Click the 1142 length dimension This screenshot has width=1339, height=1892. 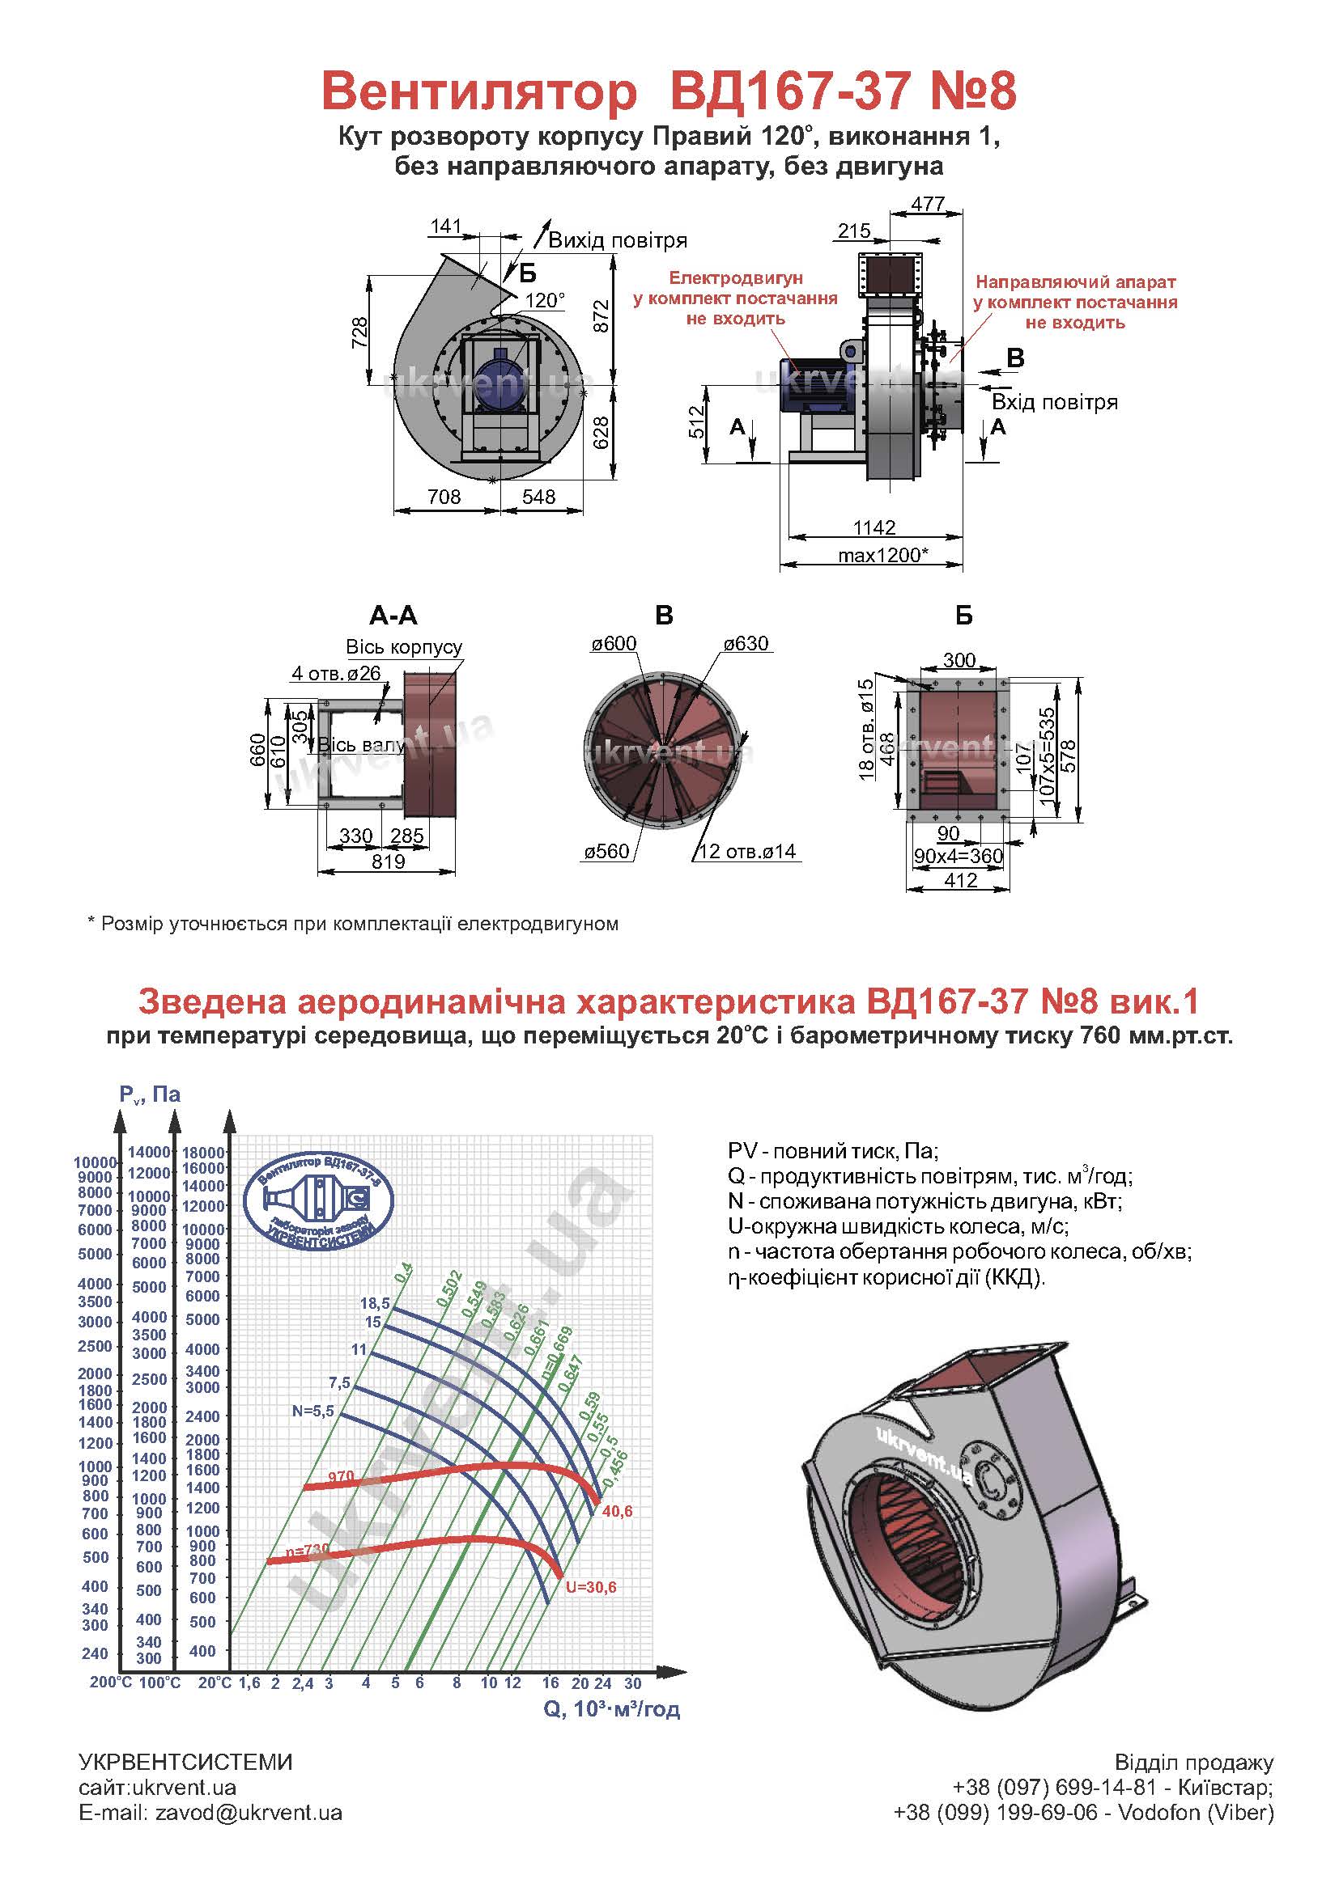(874, 527)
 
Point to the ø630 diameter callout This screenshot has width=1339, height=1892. (746, 644)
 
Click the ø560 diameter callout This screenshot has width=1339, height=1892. (607, 851)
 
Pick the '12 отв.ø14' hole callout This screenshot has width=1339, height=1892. (747, 851)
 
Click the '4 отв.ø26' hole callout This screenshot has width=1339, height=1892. (337, 673)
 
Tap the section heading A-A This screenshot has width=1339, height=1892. (393, 616)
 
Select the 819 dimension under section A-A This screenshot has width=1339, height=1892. (389, 861)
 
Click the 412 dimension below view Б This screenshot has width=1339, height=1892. (961, 880)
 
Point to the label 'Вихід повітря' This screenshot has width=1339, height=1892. (618, 240)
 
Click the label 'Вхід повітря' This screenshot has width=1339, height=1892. (1055, 402)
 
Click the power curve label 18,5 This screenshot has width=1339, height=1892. (375, 1304)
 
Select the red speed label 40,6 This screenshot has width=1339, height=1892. (618, 1511)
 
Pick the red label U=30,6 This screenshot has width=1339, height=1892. (591, 1587)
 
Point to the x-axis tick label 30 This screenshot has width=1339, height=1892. (632, 1682)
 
